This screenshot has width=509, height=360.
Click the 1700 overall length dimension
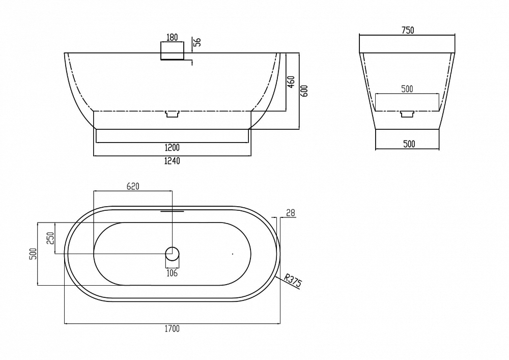point(172,328)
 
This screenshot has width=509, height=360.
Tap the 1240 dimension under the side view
point(172,161)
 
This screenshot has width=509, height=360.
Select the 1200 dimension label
point(172,148)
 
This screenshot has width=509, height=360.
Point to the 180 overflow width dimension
point(172,37)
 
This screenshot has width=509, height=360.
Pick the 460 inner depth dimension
point(291,82)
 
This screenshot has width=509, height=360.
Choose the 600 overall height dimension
point(304,91)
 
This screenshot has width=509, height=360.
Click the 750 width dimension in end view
point(408,30)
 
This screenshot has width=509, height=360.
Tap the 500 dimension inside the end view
point(407,89)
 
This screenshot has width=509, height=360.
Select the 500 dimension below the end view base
point(409,144)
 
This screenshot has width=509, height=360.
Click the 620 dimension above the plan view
point(133,186)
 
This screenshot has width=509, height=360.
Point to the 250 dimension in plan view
point(50,238)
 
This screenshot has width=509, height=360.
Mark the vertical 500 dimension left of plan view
point(33,254)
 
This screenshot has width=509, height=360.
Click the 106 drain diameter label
point(172,273)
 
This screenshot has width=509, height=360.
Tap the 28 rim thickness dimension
point(291,213)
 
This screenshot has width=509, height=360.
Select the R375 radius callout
point(293,281)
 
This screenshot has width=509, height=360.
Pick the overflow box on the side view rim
point(172,50)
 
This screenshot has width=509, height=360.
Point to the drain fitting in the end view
point(407,114)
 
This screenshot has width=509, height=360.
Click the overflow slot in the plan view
point(172,211)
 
